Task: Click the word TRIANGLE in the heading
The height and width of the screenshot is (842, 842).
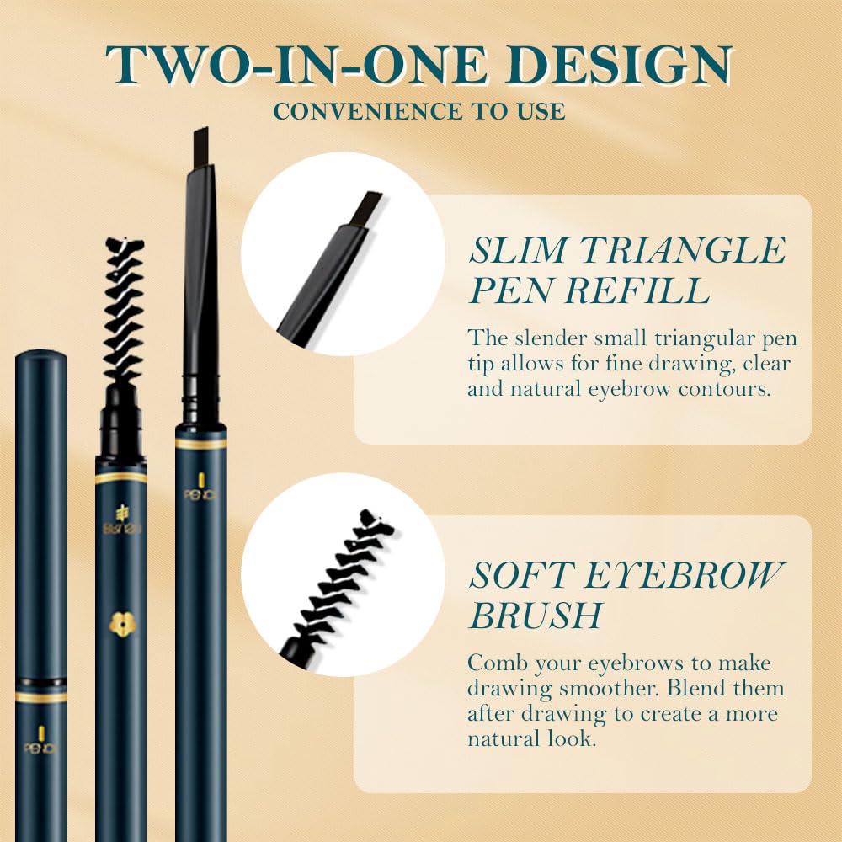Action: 679,250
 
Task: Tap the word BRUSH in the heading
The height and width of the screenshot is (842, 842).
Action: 536,616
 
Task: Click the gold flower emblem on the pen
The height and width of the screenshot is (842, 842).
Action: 120,622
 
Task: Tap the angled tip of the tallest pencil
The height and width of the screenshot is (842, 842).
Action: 200,138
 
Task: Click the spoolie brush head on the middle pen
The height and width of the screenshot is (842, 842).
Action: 123,312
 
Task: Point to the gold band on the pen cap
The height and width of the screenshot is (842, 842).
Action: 41,696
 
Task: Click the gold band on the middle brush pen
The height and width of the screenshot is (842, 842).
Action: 120,477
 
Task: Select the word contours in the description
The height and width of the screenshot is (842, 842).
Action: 749,390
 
